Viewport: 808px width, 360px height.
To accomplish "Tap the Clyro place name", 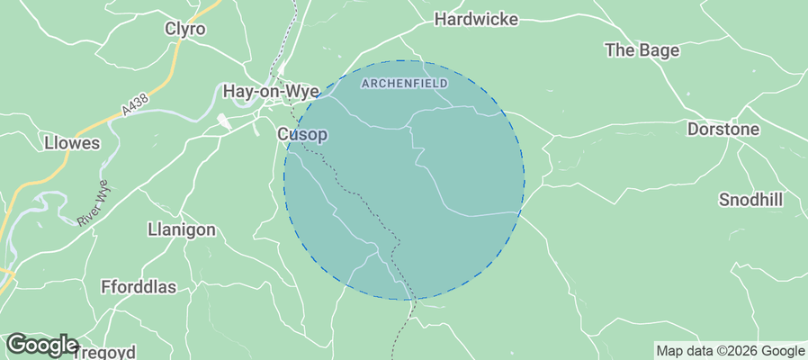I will tap(185, 29).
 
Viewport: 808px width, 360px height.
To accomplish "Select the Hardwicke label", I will tap(473, 18).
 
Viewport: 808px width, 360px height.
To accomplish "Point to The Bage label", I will tap(642, 50).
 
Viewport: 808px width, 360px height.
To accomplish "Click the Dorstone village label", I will tap(723, 130).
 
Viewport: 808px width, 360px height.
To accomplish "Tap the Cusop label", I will tap(301, 135).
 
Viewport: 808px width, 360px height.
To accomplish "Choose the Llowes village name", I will tap(71, 143).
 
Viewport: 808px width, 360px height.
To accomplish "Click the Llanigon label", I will tap(181, 229).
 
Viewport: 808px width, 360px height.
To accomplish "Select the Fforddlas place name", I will tap(139, 287).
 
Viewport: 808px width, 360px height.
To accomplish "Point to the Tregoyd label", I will tap(112, 351).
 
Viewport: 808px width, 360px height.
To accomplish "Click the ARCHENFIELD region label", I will tap(404, 84).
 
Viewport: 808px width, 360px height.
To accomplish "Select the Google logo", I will tap(41, 345).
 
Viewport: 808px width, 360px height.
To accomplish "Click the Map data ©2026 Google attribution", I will tap(730, 351).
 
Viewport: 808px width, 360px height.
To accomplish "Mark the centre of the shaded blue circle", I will tap(404, 180).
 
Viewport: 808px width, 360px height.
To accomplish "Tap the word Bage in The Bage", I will tap(660, 50).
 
